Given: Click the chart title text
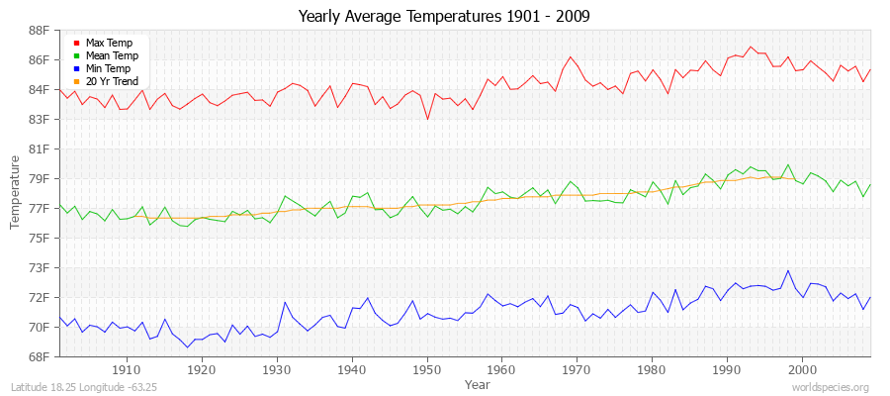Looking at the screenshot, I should [445, 17].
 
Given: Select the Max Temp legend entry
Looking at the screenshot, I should [107, 43].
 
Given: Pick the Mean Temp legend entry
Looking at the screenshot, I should [110, 55].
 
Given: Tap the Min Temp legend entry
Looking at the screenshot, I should [107, 68].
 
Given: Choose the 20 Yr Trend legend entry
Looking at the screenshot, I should [111, 81].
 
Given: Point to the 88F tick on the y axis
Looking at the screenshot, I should [37, 30].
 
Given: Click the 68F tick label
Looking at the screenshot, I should [37, 356].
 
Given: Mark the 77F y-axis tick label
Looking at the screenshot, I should [37, 208].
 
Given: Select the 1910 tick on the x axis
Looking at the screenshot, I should [127, 369].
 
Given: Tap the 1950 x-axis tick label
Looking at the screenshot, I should [426, 369].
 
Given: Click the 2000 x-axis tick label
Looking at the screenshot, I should [801, 369].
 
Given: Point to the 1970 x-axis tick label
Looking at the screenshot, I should [577, 369].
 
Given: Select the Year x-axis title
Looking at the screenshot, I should [477, 383].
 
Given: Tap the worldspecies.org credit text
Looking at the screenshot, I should [832, 387].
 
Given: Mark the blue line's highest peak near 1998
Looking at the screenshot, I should [788, 270].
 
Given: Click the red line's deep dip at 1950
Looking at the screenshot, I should [427, 119].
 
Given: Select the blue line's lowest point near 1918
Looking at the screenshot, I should [187, 347].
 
